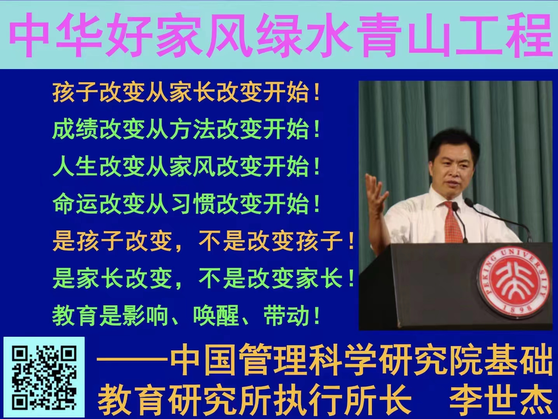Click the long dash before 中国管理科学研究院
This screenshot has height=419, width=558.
coord(132,360)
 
